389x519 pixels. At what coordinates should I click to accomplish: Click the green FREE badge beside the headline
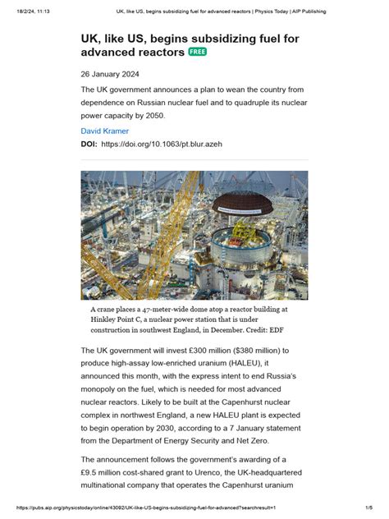198,52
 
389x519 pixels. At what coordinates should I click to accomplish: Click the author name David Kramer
104,131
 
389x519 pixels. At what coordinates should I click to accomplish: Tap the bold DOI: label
89,144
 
